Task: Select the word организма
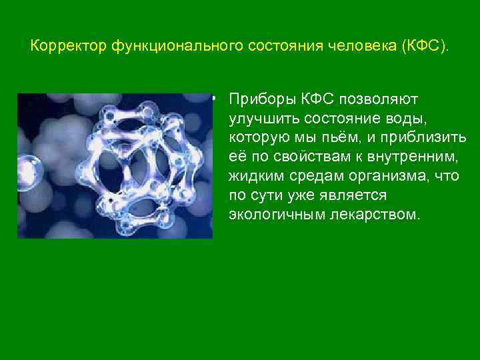[393, 177]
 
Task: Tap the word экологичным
[271, 215]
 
